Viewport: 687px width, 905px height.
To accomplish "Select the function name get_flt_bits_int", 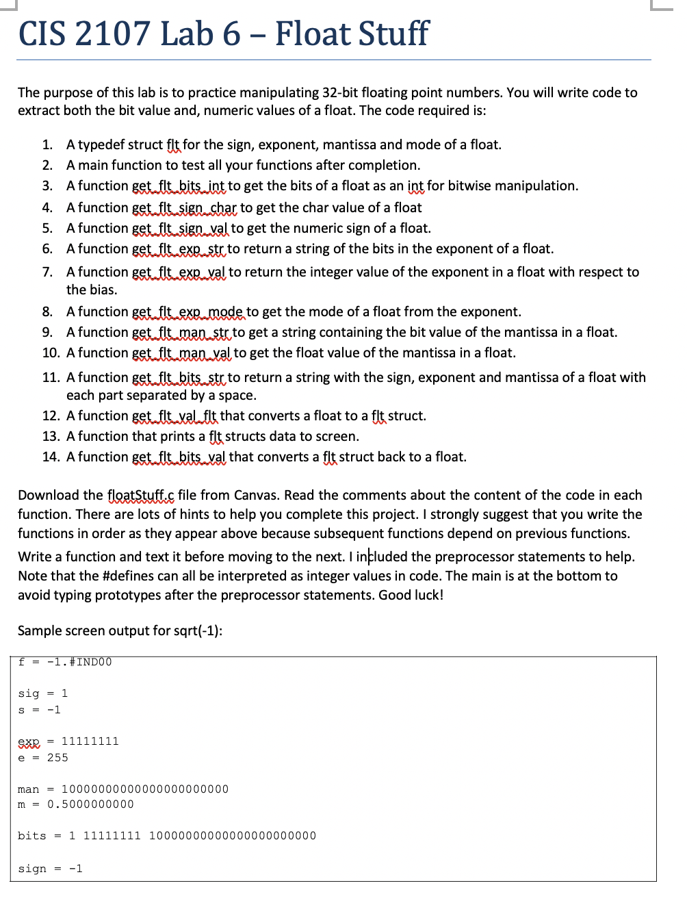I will coord(178,186).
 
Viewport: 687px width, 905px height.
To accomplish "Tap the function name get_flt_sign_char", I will coord(184,208).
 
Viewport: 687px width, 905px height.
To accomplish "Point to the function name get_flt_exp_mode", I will coord(187,312).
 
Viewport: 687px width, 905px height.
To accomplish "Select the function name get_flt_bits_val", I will coord(178,457).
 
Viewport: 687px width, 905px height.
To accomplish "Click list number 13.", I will coord(51,437).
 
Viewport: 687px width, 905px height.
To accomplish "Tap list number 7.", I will coord(47,272).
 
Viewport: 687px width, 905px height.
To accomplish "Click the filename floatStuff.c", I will coord(140,496).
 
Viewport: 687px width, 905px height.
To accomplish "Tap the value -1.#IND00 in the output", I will coord(79,662).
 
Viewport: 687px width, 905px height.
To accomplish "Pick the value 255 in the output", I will coord(57,758).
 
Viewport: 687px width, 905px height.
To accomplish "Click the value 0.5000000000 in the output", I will coord(90,804).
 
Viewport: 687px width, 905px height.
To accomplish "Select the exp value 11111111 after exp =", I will coord(90,741).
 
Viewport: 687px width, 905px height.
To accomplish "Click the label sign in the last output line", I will coord(32,869).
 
